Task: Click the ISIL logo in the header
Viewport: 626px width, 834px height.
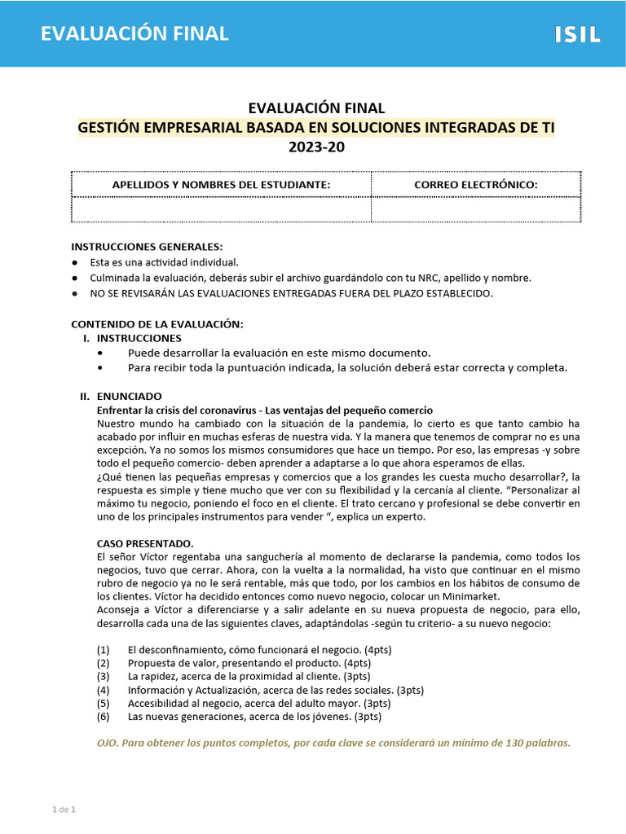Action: click(x=577, y=34)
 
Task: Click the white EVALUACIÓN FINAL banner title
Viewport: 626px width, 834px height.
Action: click(x=134, y=33)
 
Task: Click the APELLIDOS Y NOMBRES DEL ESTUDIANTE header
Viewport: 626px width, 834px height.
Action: click(x=221, y=185)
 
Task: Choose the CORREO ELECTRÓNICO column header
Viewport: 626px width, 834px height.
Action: click(x=476, y=185)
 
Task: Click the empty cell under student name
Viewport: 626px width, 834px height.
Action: click(x=221, y=209)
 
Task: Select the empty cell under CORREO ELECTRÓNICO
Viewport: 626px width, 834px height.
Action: click(x=476, y=209)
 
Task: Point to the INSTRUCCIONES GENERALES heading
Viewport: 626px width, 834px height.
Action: click(x=147, y=247)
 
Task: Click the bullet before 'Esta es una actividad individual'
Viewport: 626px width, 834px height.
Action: click(x=75, y=263)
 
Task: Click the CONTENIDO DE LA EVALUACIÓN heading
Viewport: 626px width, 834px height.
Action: click(x=157, y=324)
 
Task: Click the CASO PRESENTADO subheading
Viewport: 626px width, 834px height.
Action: click(x=145, y=542)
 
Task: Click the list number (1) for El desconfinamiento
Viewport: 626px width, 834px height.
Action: click(x=103, y=650)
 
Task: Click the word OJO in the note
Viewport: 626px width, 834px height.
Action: click(x=108, y=743)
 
